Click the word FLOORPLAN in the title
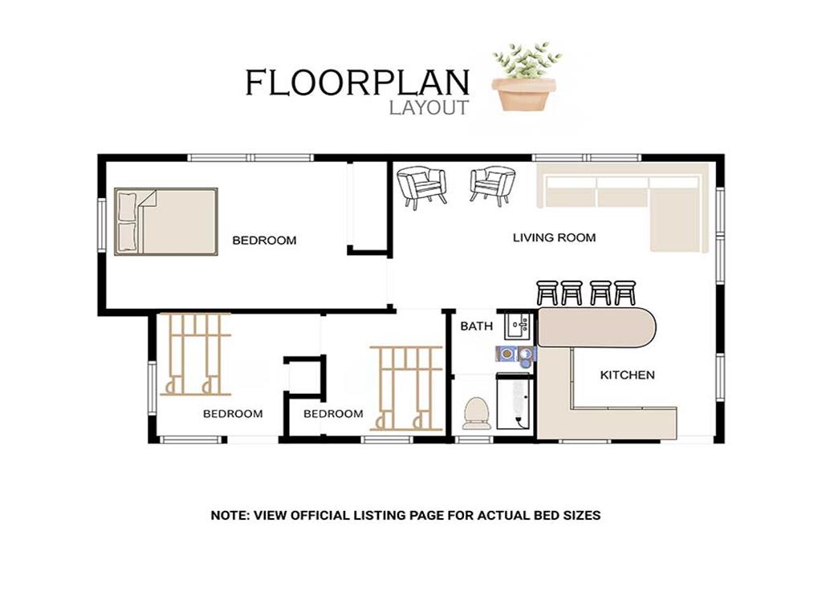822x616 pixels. point(357,83)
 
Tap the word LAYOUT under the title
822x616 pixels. point(429,107)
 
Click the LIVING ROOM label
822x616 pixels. point(554,237)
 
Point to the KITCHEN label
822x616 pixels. point(627,375)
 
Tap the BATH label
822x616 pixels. point(476,326)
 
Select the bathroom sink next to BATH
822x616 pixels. point(519,326)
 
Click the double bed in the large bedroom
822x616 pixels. point(165,221)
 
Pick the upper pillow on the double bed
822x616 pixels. point(128,206)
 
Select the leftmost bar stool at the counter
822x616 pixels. point(547,293)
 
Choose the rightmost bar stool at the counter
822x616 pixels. point(625,293)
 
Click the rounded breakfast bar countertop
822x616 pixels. point(596,327)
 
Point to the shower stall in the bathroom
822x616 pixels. point(515,401)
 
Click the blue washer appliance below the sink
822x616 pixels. point(515,354)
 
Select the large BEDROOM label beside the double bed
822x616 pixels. point(264,241)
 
